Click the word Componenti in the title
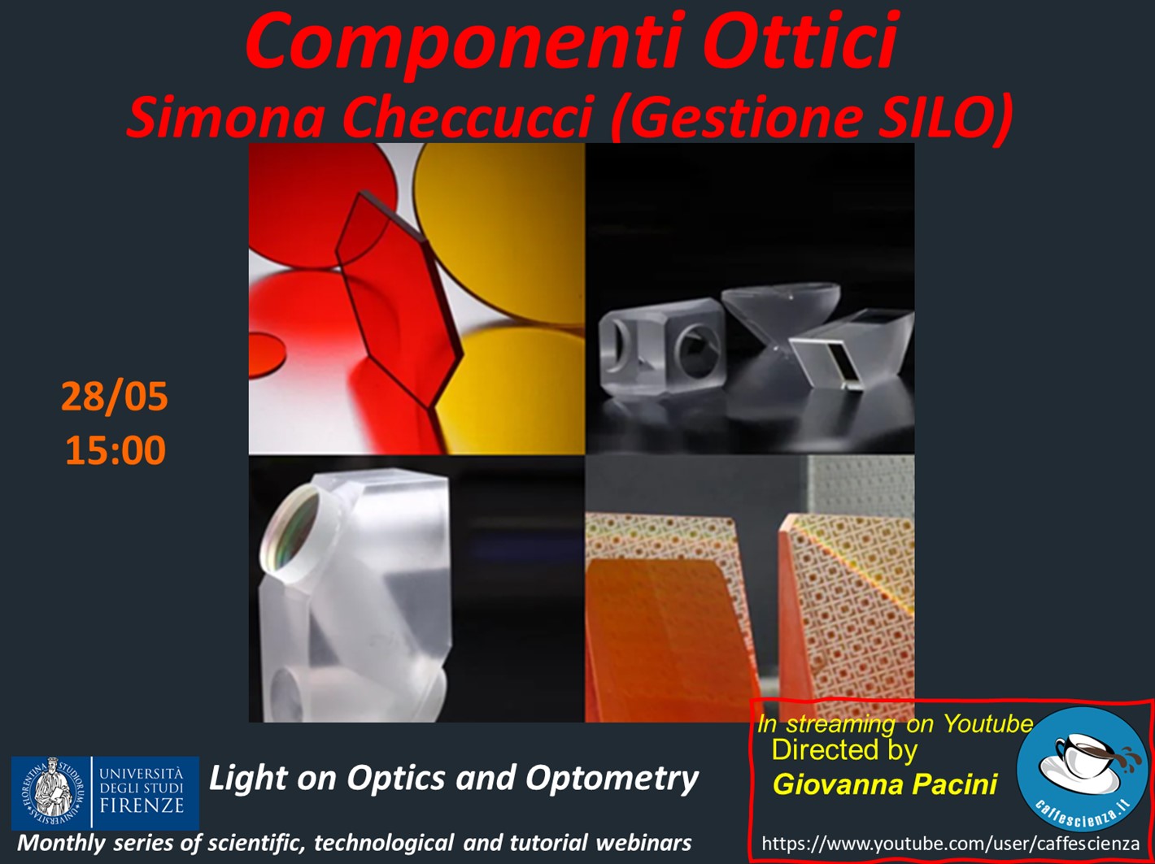[x=464, y=43]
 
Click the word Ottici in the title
[x=800, y=40]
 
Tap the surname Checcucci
[x=469, y=118]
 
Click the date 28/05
[x=114, y=397]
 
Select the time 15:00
[x=115, y=449]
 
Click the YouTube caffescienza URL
[x=950, y=844]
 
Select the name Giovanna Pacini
[x=885, y=784]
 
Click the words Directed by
[x=844, y=750]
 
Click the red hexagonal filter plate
[x=399, y=300]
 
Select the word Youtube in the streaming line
[x=987, y=723]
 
